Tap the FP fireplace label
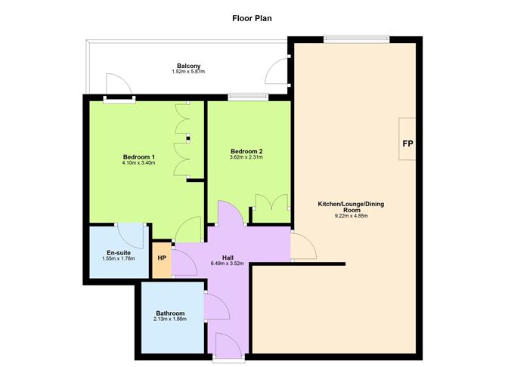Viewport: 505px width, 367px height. [x=408, y=143]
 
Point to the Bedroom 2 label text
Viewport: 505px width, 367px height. [x=246, y=151]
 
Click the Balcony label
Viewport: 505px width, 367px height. [x=188, y=66]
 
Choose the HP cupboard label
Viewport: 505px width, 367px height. [x=162, y=258]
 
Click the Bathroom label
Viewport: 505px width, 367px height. [x=170, y=313]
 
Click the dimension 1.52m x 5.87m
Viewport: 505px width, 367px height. [x=188, y=72]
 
